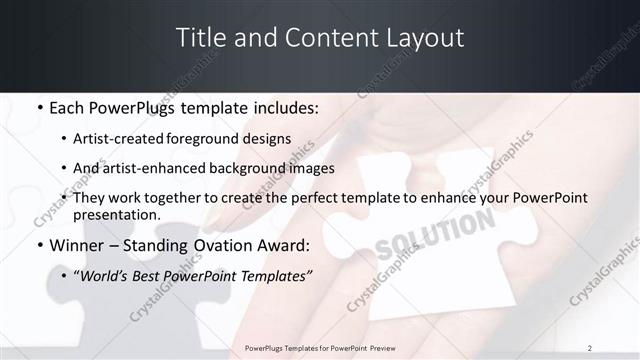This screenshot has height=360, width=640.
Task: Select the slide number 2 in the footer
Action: pyautogui.click(x=589, y=347)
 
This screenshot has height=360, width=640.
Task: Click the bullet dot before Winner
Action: pyautogui.click(x=38, y=245)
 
